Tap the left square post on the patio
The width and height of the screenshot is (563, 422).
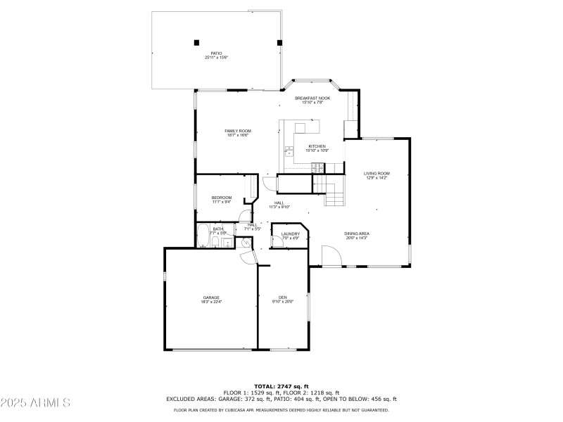tap(196, 42)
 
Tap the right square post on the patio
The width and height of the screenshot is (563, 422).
tap(279, 42)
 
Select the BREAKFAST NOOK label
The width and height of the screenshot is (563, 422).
tap(312, 98)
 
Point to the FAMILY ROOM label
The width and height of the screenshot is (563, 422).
tap(238, 131)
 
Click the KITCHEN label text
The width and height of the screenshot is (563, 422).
tap(317, 146)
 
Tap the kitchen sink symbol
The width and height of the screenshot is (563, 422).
tap(289, 151)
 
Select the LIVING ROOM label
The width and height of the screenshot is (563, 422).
tap(377, 173)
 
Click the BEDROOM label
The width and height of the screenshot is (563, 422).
tap(222, 198)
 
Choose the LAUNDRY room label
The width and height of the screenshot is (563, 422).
tap(291, 234)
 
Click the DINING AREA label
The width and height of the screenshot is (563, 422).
tap(357, 234)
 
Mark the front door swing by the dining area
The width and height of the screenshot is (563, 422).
tap(331, 257)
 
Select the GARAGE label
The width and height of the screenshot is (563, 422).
tap(211, 298)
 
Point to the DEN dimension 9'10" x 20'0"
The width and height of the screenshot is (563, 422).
tap(282, 302)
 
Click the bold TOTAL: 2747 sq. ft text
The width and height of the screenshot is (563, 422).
tap(281, 386)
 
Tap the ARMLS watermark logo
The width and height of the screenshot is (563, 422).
tap(35, 403)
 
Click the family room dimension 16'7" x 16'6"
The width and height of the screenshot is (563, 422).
tap(238, 135)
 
